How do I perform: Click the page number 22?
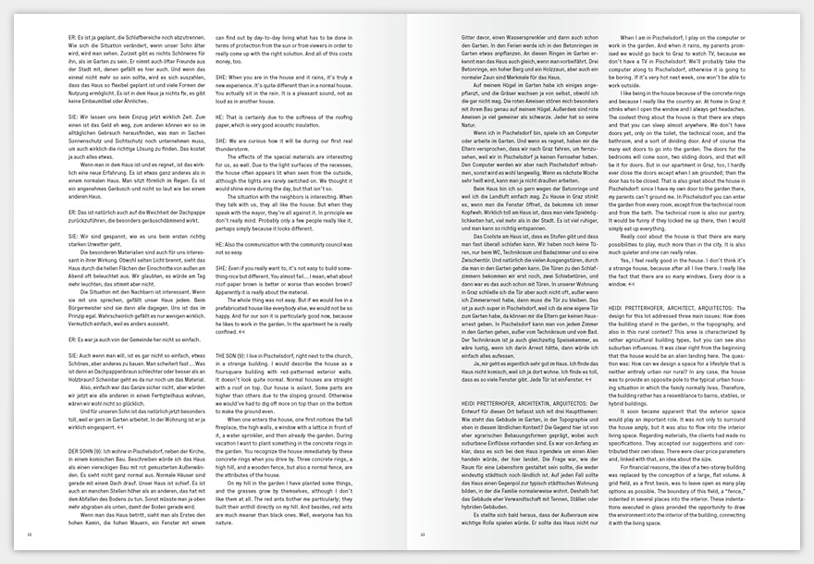[x=30, y=534]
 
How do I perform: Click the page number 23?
[x=423, y=534]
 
